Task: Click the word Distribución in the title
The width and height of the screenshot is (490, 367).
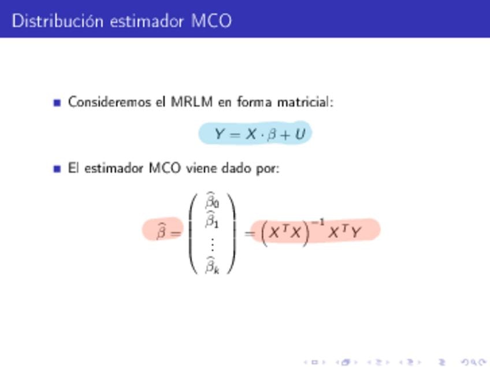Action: (58, 21)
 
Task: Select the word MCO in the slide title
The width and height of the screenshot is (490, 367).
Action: (211, 21)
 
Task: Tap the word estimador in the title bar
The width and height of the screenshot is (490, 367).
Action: (147, 21)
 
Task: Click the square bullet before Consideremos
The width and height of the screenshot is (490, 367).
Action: (57, 102)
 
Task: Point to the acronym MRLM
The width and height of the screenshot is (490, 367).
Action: (192, 102)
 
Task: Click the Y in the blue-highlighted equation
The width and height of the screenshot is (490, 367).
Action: (220, 134)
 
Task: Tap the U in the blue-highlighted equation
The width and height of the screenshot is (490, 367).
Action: (300, 134)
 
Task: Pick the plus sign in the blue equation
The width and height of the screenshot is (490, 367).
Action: (285, 135)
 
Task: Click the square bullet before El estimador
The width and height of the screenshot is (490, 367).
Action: (57, 169)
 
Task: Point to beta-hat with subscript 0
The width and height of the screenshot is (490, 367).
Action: (212, 201)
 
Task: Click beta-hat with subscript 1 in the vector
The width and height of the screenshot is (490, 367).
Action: (212, 220)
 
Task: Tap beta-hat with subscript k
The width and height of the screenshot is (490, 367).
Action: (212, 266)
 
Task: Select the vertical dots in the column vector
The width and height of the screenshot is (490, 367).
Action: (213, 244)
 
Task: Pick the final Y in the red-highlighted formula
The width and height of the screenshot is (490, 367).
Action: (355, 232)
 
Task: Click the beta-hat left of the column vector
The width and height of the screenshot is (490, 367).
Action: (161, 231)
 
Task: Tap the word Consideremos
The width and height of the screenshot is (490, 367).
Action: (109, 102)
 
